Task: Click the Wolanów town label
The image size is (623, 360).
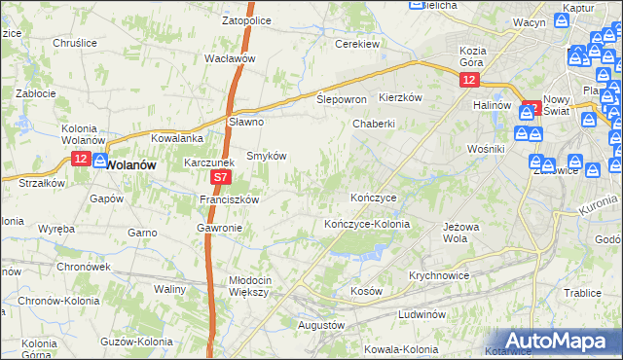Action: coord(130,164)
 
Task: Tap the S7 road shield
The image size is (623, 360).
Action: coord(221,178)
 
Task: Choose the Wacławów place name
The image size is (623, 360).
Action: coord(230,58)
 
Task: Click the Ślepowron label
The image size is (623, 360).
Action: coord(342,99)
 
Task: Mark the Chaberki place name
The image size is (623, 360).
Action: coord(374,124)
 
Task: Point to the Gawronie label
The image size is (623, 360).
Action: coord(218,228)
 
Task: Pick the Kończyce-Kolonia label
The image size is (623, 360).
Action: coord(367,224)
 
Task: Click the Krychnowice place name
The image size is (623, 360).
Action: coord(439,275)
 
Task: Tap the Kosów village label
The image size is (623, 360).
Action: coord(366,291)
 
